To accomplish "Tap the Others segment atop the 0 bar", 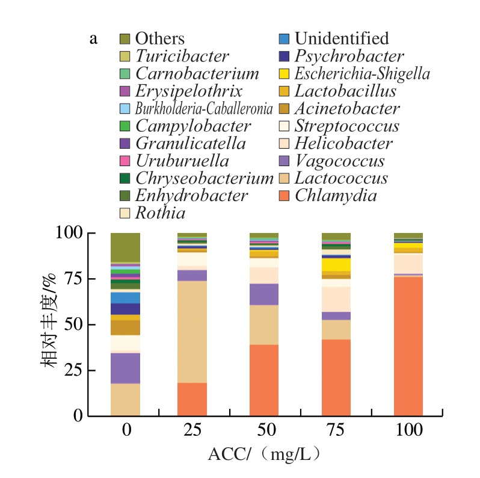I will coord(125,247).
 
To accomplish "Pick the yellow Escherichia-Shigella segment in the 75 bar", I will coord(336,264).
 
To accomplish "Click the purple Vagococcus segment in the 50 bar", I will coord(264,294).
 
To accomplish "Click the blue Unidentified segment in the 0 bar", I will coord(125,297).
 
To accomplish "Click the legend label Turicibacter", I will coord(182,57).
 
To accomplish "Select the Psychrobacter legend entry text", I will coord(349,57).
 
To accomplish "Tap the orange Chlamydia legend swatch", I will coord(285,196).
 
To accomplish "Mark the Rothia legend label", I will coord(161,213).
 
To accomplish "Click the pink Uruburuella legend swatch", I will coord(125,161).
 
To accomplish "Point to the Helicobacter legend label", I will coord(343,144).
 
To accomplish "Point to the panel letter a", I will coord(93,39).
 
